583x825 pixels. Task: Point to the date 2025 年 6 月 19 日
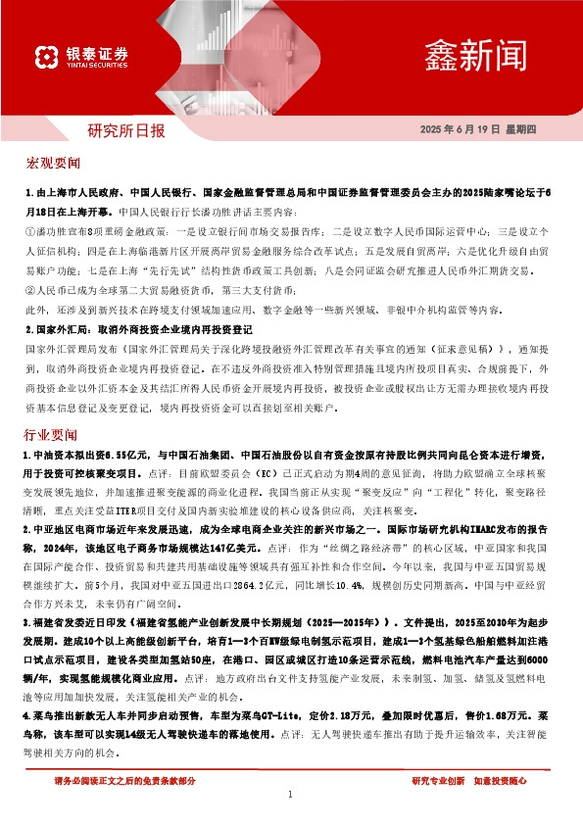[461, 130]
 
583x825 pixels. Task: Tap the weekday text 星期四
[530, 130]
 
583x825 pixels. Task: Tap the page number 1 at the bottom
[291, 796]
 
